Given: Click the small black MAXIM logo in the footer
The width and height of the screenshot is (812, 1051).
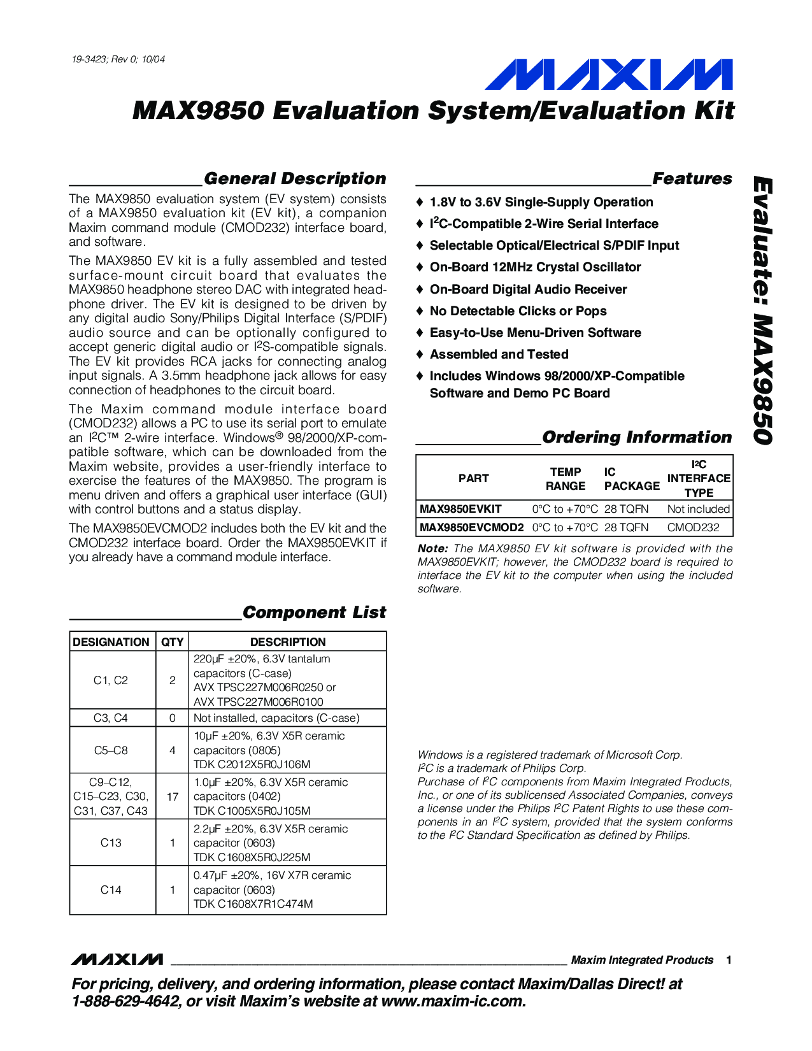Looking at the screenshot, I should pyautogui.click(x=117, y=959).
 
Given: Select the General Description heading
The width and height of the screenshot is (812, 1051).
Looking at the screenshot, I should pyautogui.click(x=295, y=178).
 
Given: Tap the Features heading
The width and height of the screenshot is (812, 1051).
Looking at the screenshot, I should pyautogui.click(x=692, y=178).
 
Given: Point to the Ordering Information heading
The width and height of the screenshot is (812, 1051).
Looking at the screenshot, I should pyautogui.click(x=637, y=437).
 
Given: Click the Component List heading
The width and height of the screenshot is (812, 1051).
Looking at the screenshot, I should pyautogui.click(x=314, y=612).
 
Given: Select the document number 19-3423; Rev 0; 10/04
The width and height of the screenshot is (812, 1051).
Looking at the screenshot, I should pyautogui.click(x=118, y=59).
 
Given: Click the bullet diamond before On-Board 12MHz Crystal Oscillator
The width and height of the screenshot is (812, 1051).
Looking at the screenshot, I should pyautogui.click(x=419, y=268).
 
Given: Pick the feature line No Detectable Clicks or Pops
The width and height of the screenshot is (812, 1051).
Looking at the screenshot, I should pyautogui.click(x=518, y=311).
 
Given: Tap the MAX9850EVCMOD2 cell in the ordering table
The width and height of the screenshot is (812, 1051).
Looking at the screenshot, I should pyautogui.click(x=471, y=527).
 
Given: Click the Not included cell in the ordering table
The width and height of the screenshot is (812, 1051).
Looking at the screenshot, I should pyautogui.click(x=698, y=509).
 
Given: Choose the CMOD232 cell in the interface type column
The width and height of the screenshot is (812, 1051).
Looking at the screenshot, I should pyautogui.click(x=693, y=527).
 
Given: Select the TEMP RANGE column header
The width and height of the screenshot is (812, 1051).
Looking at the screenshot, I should pyautogui.click(x=566, y=478).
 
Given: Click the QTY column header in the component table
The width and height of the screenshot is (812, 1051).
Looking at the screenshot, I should pyautogui.click(x=172, y=641).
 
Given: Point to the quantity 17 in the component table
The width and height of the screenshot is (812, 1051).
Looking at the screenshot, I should pyautogui.click(x=172, y=796).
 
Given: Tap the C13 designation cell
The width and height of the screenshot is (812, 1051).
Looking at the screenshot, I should pyautogui.click(x=111, y=842).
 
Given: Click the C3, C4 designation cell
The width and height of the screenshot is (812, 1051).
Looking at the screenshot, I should pyautogui.click(x=111, y=718).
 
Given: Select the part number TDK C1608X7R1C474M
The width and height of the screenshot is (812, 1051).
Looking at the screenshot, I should pyautogui.click(x=253, y=904).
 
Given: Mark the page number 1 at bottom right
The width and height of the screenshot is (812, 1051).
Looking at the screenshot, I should pyautogui.click(x=729, y=960).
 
